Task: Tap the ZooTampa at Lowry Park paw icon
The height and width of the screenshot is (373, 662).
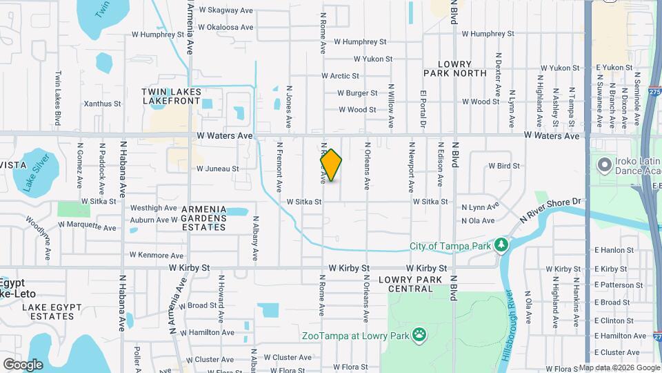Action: (419, 336)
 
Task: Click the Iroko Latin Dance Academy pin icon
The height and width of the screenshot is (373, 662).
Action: (605, 165)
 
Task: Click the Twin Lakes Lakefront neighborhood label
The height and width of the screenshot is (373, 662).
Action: (172, 96)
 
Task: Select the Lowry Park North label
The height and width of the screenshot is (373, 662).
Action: (446, 68)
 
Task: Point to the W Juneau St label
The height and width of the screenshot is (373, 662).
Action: (217, 169)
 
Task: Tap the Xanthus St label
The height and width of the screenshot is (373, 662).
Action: (102, 104)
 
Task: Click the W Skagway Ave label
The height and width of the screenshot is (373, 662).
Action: (227, 10)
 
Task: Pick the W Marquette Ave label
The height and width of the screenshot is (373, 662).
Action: (88, 224)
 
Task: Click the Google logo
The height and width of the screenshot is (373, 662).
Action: (23, 364)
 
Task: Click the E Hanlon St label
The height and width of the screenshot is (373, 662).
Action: (616, 250)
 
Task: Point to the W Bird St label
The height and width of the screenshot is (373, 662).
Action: (503, 166)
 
